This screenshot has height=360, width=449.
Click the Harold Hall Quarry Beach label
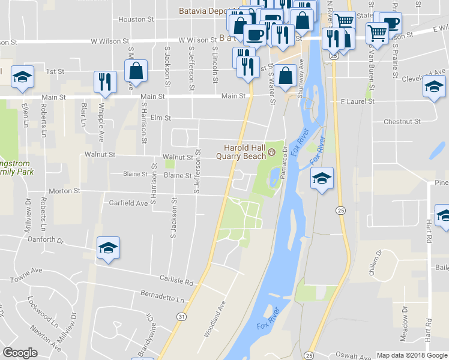pyautogui.click(x=244, y=152)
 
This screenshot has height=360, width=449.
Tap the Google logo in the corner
pyautogui.click(x=20, y=353)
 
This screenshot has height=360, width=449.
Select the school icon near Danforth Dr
pyautogui.click(x=108, y=248)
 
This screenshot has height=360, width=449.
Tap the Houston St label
pyautogui.click(x=132, y=19)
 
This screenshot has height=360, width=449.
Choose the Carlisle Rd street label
pyautogui.click(x=176, y=280)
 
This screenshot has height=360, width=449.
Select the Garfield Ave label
pyautogui.click(x=128, y=203)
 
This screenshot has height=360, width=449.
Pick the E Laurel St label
pyautogui.click(x=358, y=102)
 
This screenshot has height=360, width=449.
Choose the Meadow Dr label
pyautogui.click(x=405, y=325)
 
